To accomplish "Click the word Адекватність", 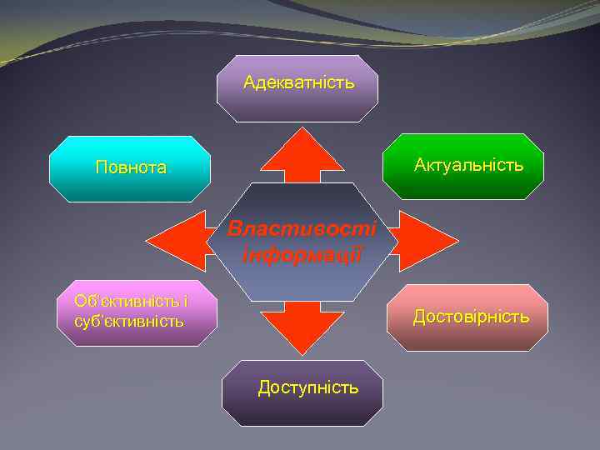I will tap(298, 82).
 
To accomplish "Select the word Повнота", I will tap(131, 167).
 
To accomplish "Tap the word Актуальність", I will tap(469, 165).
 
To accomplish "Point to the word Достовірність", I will tap(471, 317).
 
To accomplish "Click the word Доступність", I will tap(308, 387).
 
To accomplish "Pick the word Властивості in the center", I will tap(302, 228).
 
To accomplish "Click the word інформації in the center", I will tap(302, 253).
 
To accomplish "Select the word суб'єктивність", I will tap(129, 321).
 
